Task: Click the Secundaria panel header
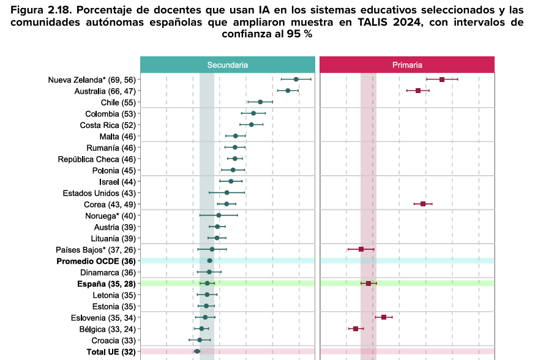(227, 64)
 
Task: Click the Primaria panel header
(407, 64)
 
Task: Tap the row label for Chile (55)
(118, 102)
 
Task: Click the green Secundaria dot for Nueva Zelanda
(296, 80)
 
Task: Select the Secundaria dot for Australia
(288, 91)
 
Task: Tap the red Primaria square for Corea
(423, 204)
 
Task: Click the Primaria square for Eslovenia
(384, 317)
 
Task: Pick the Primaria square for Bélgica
(356, 329)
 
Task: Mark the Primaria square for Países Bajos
(361, 249)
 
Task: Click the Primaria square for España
(369, 283)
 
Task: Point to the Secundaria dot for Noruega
(219, 216)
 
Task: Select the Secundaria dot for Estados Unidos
(226, 193)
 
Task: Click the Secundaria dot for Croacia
(200, 340)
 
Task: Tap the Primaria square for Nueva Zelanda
(442, 80)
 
